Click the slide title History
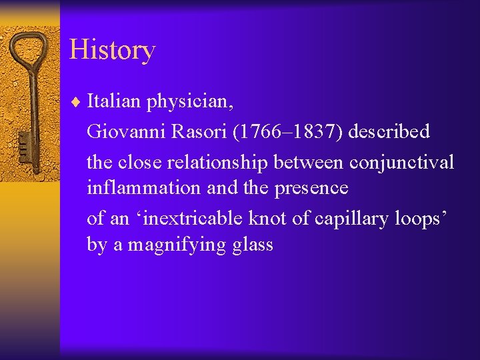coord(112,50)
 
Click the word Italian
coord(114,102)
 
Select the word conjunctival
coord(401,162)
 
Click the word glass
coord(253,245)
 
